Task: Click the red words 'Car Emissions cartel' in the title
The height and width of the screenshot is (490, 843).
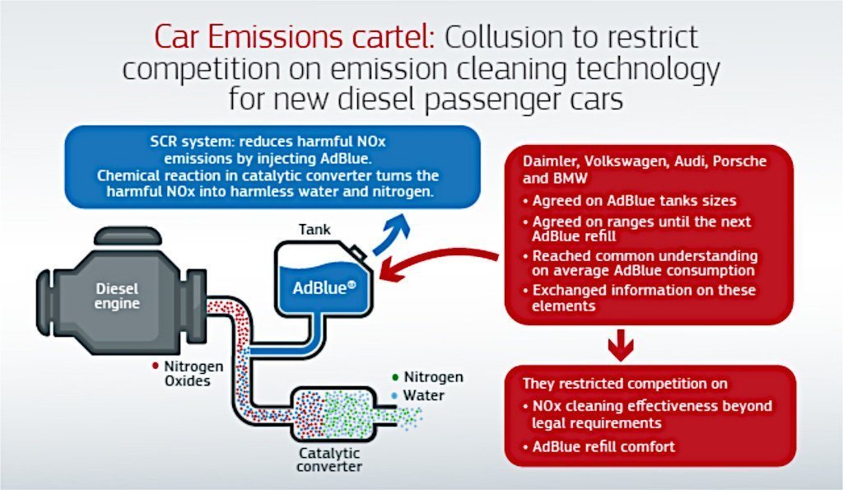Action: coord(293,37)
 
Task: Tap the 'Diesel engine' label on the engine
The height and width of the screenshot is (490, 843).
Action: coord(118,296)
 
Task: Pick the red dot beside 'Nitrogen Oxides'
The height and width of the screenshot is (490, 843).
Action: coord(156,364)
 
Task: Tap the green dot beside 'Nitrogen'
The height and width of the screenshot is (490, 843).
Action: coord(396,377)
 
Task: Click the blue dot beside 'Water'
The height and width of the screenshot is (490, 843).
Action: coord(396,396)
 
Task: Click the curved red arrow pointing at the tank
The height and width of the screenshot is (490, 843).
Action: coord(436,262)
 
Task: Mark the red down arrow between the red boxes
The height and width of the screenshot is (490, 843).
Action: coord(622,344)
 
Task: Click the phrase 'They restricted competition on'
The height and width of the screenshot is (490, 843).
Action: coord(615,384)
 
